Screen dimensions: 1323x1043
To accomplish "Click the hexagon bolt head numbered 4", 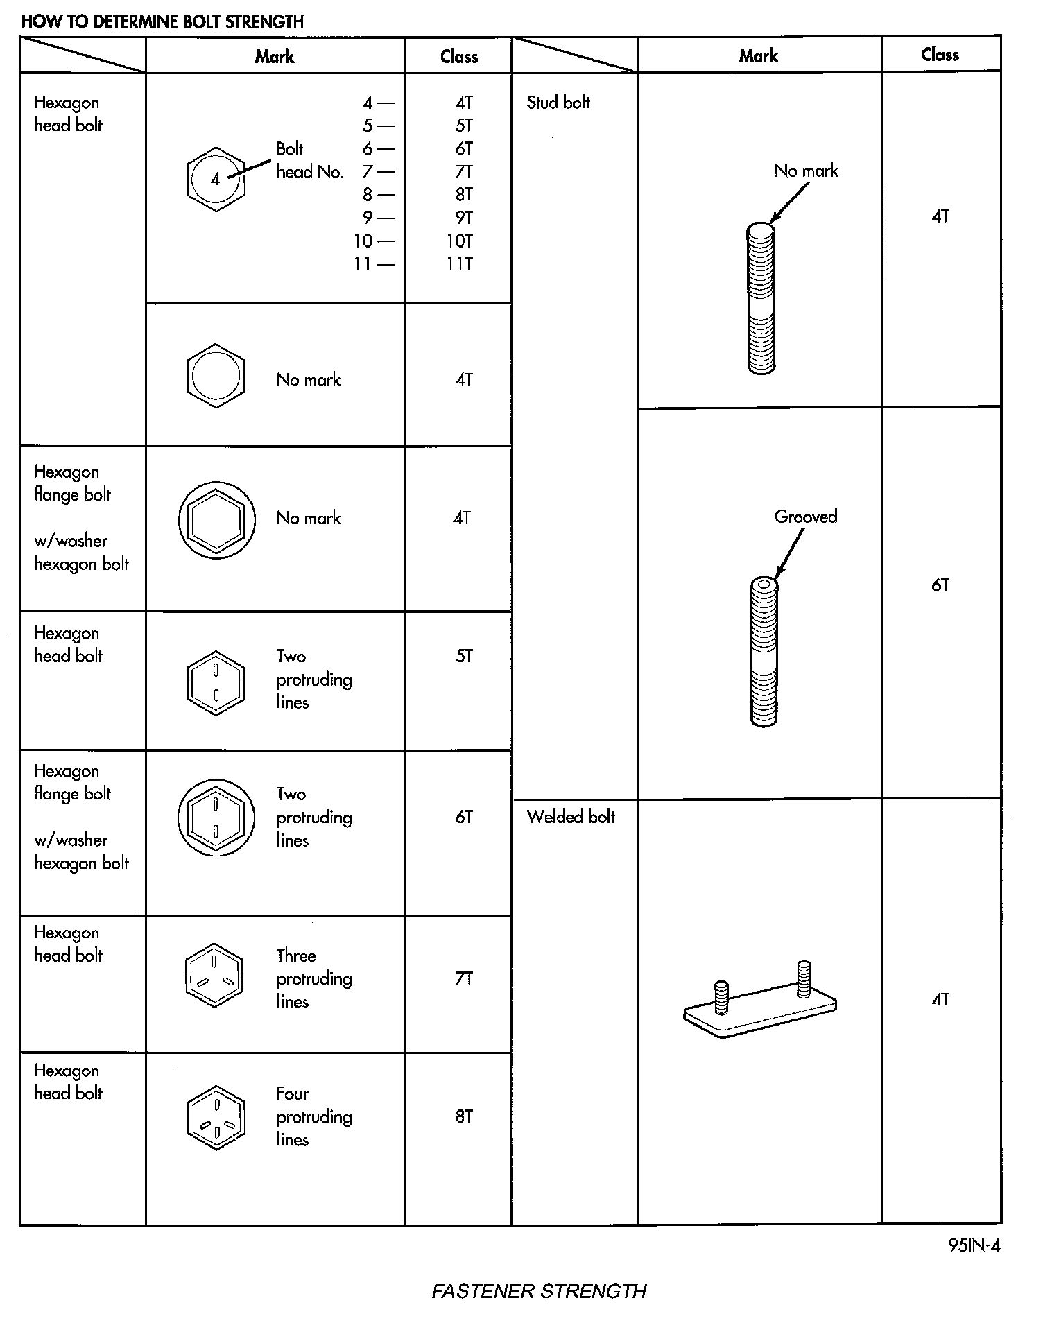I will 216,180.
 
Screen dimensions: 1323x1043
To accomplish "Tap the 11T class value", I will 460,264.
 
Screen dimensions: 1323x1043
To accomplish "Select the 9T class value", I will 464,218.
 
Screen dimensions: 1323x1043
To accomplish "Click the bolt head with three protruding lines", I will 214,976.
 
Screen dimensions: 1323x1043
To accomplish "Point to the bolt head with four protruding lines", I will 216,1118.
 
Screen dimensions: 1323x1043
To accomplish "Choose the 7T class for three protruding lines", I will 464,978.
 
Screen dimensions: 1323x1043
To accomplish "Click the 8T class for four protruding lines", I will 464,1116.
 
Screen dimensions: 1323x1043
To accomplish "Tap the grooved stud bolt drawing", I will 764,652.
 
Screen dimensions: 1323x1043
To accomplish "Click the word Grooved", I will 806,517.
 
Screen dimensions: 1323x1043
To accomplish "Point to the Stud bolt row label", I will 558,103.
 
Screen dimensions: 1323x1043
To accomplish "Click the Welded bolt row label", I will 571,817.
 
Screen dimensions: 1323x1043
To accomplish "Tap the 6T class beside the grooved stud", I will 940,585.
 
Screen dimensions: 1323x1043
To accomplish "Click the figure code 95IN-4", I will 974,1245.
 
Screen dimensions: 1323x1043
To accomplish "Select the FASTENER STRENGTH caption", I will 539,1291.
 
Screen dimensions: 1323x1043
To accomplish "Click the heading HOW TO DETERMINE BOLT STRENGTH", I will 162,21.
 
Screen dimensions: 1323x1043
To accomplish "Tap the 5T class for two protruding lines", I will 464,656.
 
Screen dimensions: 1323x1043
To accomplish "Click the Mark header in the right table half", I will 758,55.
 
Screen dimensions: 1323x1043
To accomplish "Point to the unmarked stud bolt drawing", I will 761,298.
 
